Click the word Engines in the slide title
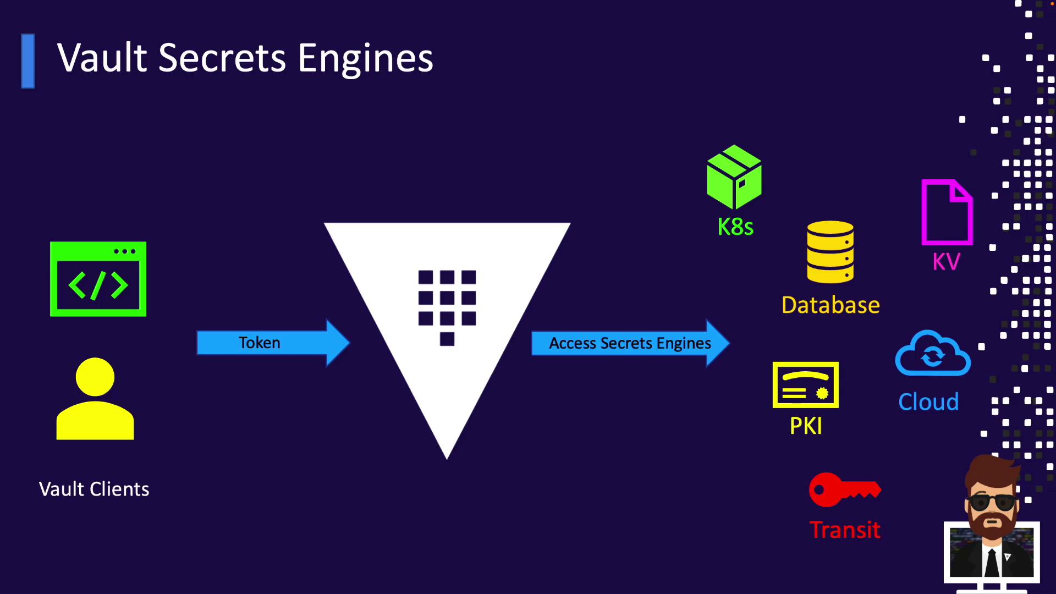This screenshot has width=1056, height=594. [365, 58]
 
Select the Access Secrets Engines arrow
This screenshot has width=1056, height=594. [629, 343]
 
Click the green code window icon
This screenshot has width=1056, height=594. [98, 279]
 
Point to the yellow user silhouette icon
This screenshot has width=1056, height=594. [95, 399]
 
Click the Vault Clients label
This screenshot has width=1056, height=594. [94, 489]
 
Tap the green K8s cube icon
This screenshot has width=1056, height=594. [734, 177]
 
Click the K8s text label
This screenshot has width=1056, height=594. [735, 227]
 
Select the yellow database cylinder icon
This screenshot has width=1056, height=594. [830, 252]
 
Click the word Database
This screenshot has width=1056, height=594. [831, 305]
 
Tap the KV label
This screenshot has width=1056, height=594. [947, 262]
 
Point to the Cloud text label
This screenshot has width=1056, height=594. [928, 402]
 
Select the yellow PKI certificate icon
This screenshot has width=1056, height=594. [806, 385]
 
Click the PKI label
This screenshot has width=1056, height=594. [806, 426]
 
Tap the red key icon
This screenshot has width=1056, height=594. [844, 489]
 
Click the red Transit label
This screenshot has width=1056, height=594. [845, 530]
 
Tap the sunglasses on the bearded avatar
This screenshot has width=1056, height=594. [992, 502]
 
